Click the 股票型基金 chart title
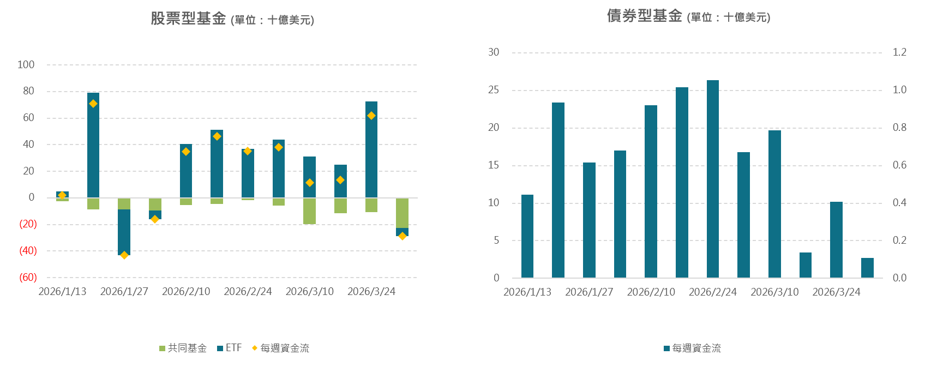click(188, 19)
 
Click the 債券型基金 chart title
click(645, 16)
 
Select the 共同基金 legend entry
click(183, 348)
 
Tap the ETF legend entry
click(230, 348)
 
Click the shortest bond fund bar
click(867, 268)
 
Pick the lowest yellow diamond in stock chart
click(124, 255)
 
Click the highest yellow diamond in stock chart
click(93, 104)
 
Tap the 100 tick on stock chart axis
click(26, 65)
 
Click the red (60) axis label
click(28, 278)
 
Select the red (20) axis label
click(28, 224)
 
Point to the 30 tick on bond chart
click(494, 52)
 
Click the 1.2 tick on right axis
click(899, 52)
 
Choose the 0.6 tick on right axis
click(899, 165)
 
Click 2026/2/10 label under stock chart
click(186, 292)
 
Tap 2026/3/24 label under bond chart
click(836, 292)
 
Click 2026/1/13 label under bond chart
click(527, 292)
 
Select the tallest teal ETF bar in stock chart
click(93, 145)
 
